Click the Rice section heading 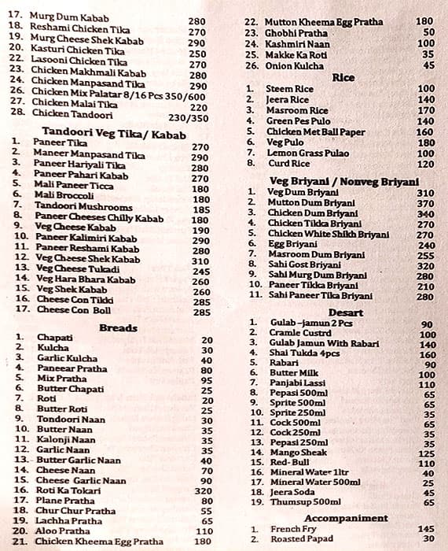coord(343,77)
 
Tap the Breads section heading coord(118,327)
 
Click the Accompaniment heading coord(346,518)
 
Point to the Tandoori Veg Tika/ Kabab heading coord(114,135)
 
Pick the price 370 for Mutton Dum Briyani coord(425,203)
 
